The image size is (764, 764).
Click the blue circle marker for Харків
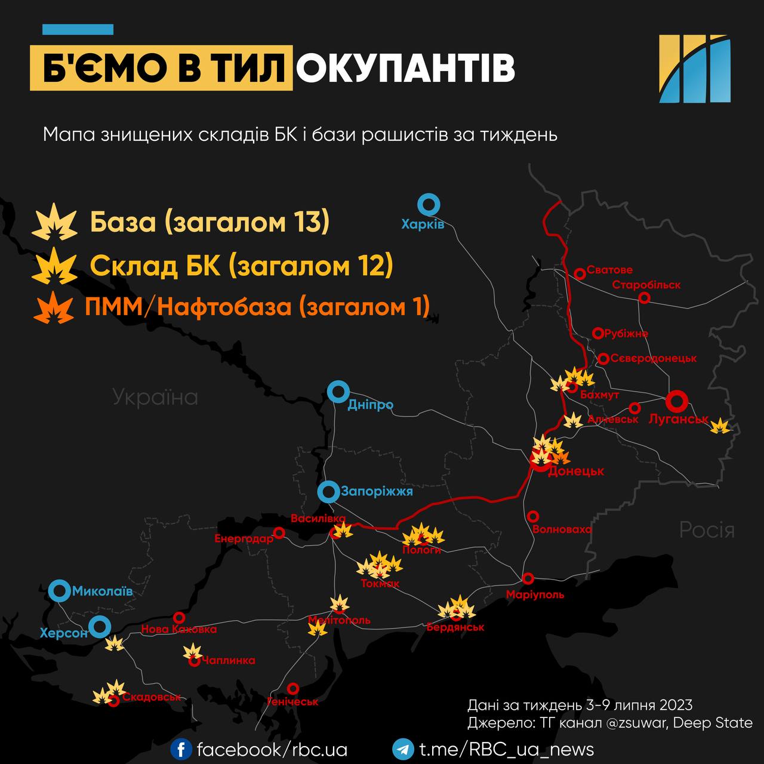(429, 205)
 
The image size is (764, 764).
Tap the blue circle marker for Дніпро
(338, 392)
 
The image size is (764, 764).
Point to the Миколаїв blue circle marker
(60, 591)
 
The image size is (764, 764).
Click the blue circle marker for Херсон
(99, 627)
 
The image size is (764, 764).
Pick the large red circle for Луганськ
(676, 401)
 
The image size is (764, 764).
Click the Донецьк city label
(575, 471)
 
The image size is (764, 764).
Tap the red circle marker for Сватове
(579, 273)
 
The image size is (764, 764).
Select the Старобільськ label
(646, 285)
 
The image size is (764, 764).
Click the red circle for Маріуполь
(528, 578)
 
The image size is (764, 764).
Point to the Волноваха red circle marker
(533, 516)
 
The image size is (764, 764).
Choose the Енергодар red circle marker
(279, 532)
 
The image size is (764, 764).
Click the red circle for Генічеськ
(292, 688)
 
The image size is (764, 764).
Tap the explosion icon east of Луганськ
(720, 426)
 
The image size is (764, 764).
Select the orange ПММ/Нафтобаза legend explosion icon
(54, 307)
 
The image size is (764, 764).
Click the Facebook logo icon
(181, 749)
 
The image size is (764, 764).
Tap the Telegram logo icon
(403, 749)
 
